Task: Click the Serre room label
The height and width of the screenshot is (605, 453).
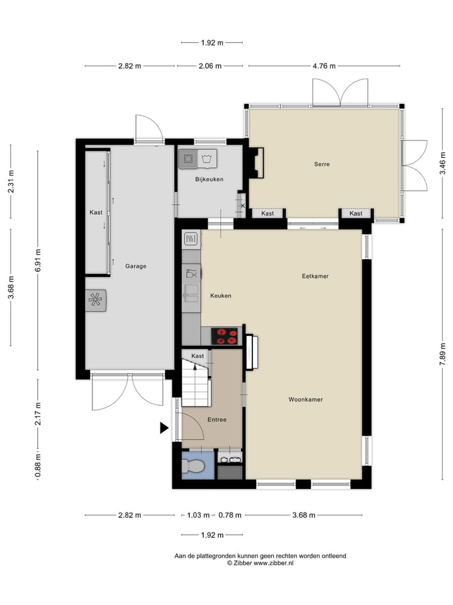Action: (322, 164)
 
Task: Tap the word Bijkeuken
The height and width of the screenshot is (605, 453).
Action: (209, 180)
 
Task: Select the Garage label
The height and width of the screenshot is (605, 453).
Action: (135, 266)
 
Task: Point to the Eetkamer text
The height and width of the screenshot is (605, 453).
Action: (315, 276)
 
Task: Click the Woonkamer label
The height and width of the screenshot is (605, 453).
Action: (306, 400)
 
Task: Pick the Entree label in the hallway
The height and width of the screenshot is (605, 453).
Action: (216, 419)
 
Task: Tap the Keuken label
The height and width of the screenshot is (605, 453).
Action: (221, 295)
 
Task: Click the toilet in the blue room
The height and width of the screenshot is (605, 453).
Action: (193, 466)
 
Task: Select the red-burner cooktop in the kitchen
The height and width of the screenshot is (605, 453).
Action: (225, 336)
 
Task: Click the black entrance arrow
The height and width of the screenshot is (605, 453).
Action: (164, 429)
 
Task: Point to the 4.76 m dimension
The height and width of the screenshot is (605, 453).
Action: (324, 66)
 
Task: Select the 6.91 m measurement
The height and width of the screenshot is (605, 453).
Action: (38, 260)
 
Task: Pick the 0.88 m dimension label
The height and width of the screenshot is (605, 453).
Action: (38, 468)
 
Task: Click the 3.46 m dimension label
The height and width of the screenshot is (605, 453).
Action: (442, 167)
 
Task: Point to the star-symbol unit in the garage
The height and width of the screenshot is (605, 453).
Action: (96, 299)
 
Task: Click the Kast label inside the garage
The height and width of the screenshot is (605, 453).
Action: (96, 212)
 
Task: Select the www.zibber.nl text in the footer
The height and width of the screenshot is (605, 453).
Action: (273, 563)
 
